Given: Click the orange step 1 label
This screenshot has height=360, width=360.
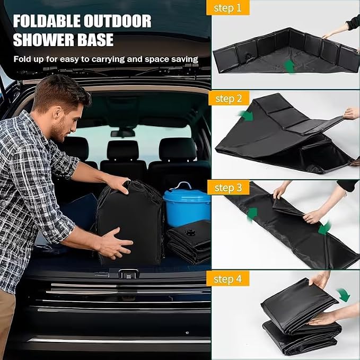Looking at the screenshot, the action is (228, 8).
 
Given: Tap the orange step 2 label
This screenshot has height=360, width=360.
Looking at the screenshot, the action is (229, 98).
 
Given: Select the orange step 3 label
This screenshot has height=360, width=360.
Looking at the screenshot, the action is (228, 188).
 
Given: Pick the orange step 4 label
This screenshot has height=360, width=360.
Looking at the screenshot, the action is (228, 279).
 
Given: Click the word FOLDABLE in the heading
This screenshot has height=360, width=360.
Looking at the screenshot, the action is (47, 21).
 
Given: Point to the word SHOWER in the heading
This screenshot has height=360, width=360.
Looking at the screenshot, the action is (43, 40).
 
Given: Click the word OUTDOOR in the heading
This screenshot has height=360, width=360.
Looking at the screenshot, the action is (118, 21).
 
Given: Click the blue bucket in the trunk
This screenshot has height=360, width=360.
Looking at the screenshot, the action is (187, 205).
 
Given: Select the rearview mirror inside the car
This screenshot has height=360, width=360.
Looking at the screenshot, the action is (122, 134).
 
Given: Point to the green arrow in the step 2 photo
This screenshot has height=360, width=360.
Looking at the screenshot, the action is (247, 115).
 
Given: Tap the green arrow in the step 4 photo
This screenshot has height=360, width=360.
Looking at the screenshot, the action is (344, 295).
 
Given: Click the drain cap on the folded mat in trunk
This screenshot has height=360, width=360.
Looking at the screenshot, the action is (190, 233).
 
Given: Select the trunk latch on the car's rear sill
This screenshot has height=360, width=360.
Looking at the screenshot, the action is (128, 274).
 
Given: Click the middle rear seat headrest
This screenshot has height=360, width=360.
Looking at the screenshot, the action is (123, 150).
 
